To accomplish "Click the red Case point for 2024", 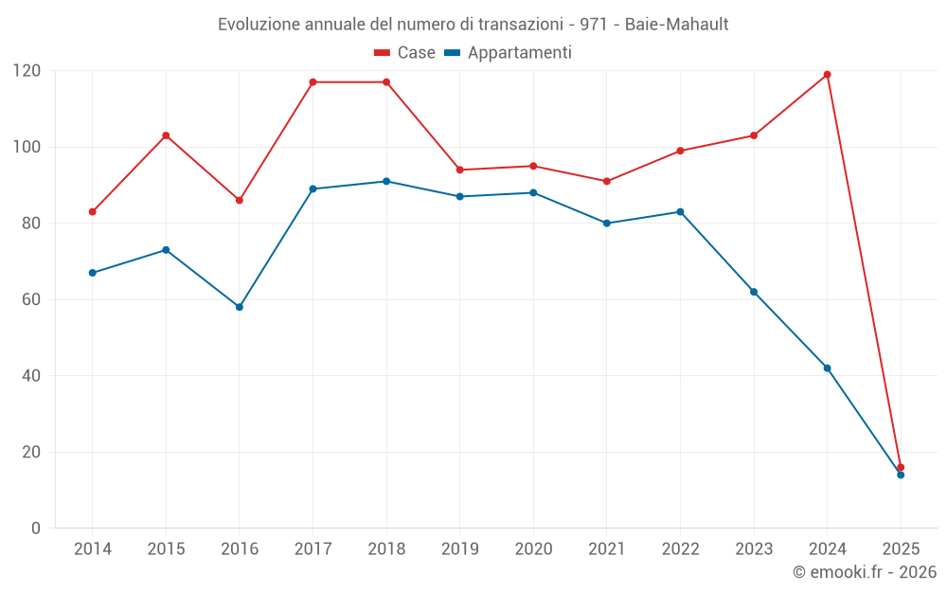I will [827, 75].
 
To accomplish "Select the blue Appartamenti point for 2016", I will [240, 307].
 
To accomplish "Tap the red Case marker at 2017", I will [313, 82].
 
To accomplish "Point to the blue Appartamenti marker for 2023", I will [754, 292].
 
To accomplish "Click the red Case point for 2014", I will [93, 212].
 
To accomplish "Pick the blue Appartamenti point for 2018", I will [386, 181].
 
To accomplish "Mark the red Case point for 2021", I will [607, 181].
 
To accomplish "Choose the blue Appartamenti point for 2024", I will [827, 368].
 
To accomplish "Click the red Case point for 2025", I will [901, 467].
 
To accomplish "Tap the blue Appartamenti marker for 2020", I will [533, 192].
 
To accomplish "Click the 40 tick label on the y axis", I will [31, 376].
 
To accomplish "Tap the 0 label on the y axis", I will [36, 528].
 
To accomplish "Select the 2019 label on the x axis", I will [460, 549].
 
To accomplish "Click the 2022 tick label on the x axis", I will [680, 549].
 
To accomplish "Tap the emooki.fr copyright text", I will [864, 572].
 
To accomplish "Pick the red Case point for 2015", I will [166, 135].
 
